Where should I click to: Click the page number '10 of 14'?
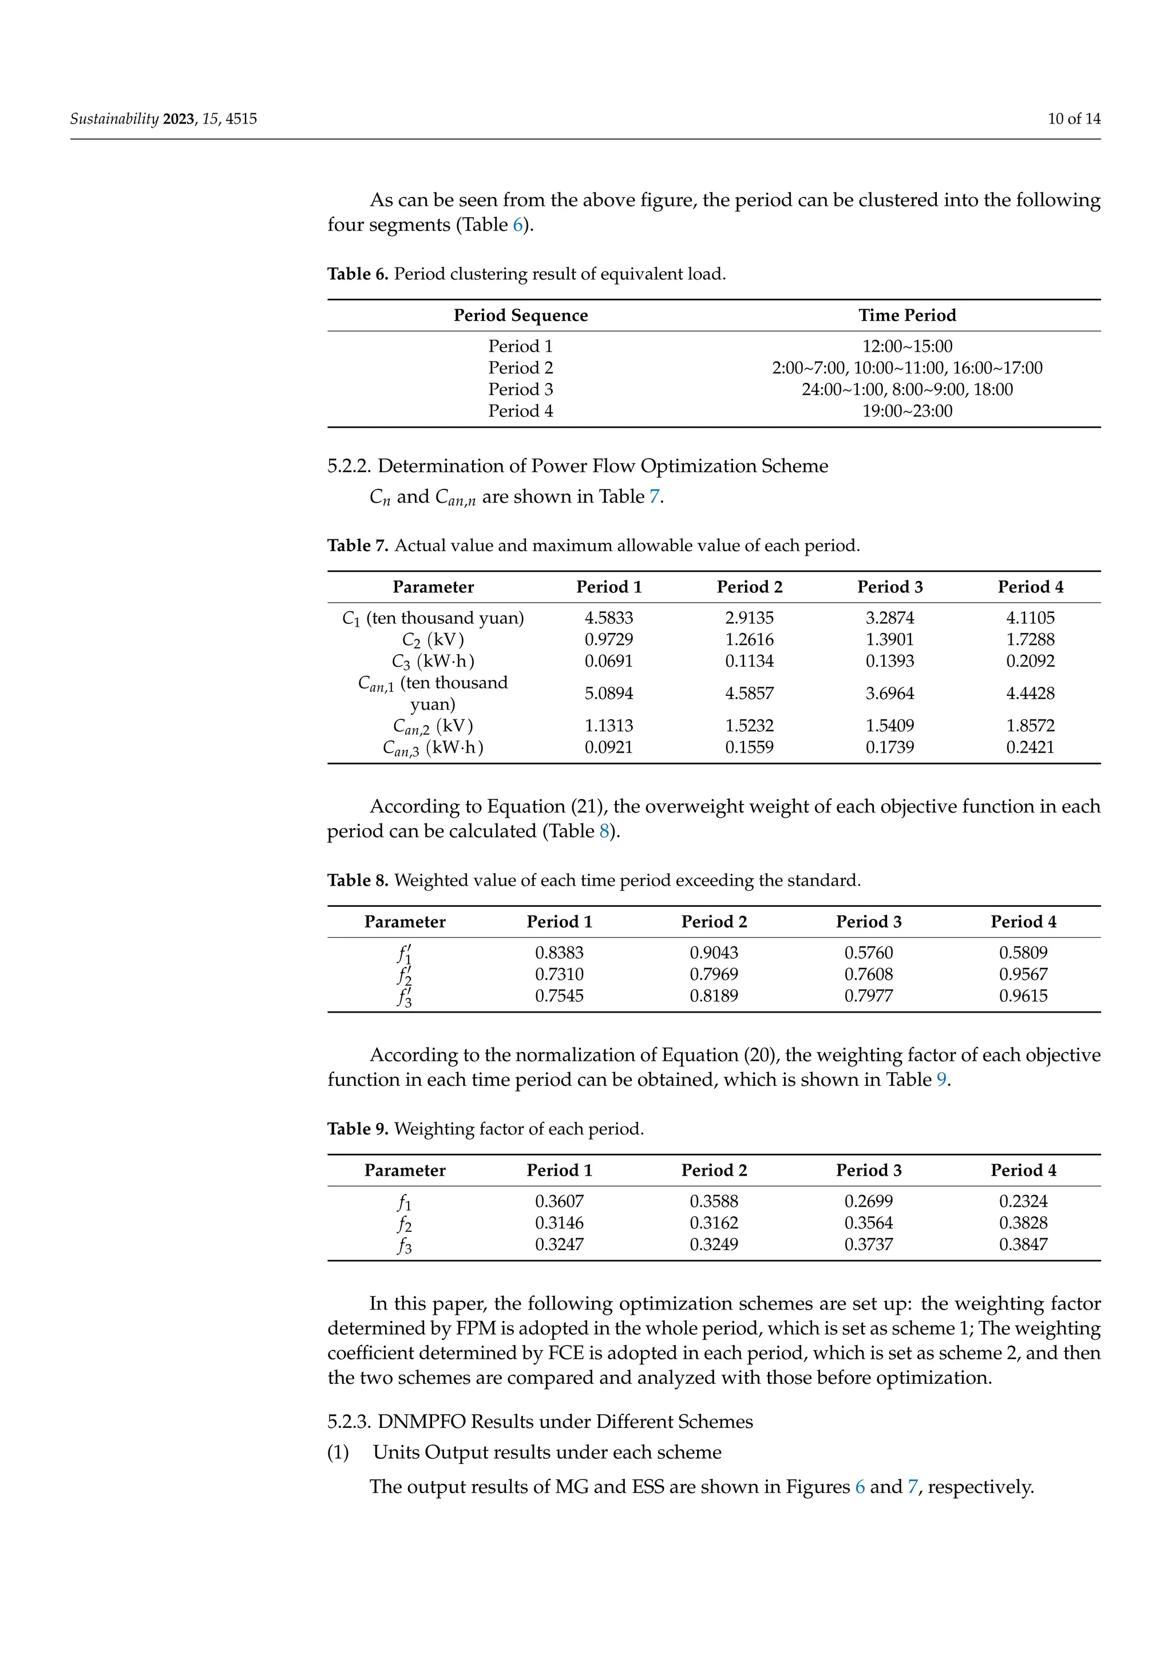(x=1074, y=119)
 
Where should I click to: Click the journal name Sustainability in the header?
(x=114, y=119)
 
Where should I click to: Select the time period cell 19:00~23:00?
(x=907, y=411)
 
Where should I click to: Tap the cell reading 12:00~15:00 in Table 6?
(x=907, y=346)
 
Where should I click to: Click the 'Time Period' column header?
(x=907, y=315)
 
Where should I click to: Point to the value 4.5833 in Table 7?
(x=608, y=618)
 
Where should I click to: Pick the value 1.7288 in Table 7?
(x=1030, y=640)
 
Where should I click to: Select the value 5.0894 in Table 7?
(x=608, y=694)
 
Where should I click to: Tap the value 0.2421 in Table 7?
(x=1030, y=747)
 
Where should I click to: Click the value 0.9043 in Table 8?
(x=714, y=953)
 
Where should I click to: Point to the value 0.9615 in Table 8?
(x=1023, y=996)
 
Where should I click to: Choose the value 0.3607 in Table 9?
(x=559, y=1201)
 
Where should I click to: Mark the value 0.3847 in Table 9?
(x=1023, y=1244)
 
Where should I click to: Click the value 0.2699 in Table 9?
(x=868, y=1201)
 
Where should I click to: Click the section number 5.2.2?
(x=349, y=466)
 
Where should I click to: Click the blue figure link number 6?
(x=860, y=1487)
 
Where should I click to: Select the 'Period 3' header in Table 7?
(x=889, y=587)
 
